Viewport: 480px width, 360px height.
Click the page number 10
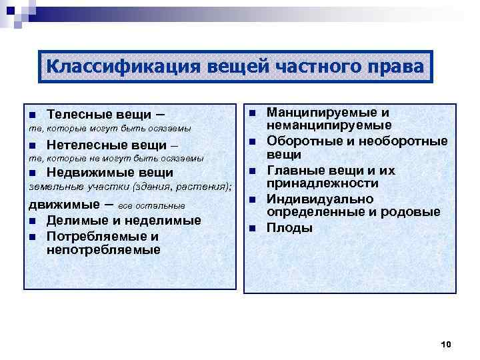tap(446, 344)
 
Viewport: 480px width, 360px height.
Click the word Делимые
tap(71, 221)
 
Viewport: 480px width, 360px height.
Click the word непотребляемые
tap(103, 250)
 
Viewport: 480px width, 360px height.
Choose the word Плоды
tap(289, 228)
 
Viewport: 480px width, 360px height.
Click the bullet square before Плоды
tap(253, 229)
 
